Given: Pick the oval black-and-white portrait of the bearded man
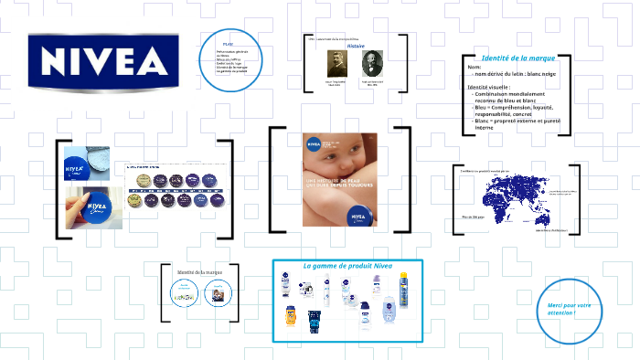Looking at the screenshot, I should pyautogui.click(x=373, y=67).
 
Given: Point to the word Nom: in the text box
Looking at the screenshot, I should pyautogui.click(x=474, y=68).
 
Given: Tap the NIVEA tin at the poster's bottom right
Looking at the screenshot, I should pyautogui.click(x=359, y=216).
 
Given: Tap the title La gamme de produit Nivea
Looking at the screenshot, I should pyautogui.click(x=347, y=266).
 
